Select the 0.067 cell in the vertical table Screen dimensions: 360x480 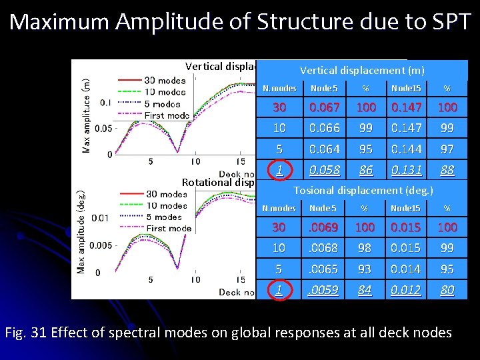pos(324,107)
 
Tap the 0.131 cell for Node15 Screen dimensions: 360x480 pos(406,170)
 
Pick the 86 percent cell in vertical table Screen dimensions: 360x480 pos(365,170)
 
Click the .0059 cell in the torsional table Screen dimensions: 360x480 pos(324,290)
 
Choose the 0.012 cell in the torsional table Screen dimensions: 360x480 pos(406,290)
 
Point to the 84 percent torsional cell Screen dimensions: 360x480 pos(365,290)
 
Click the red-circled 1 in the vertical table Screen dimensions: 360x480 pos(279,170)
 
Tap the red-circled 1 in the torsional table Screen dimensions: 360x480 pos(279,290)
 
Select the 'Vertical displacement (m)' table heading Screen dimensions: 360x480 pos(362,70)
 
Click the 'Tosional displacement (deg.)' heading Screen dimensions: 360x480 pos(363,191)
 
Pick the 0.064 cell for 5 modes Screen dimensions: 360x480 pos(324,149)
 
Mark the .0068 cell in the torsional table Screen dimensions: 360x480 pos(324,248)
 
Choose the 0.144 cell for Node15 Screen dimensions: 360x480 pos(406,149)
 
